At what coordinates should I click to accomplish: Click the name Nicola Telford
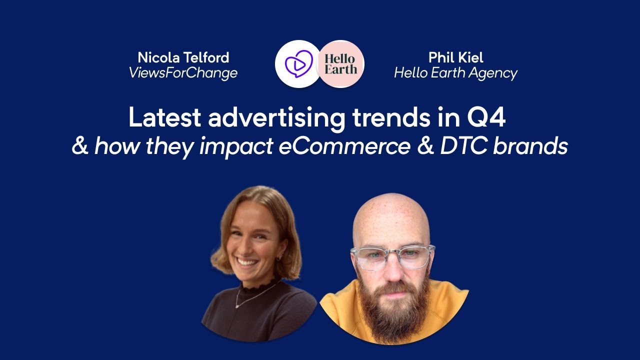point(183,57)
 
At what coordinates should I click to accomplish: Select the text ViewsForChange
point(183,73)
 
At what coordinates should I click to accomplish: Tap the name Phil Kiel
point(455,57)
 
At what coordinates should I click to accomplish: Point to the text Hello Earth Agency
point(455,73)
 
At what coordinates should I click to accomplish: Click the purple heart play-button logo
point(298,64)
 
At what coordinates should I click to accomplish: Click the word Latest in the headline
point(164,118)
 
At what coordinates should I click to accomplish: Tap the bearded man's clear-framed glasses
point(392,256)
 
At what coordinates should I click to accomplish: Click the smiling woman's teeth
point(247,260)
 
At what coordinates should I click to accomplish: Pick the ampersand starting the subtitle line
point(80,146)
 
